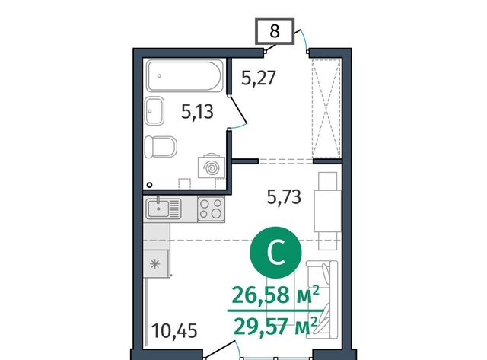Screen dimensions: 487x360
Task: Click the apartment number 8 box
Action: pyautogui.click(x=275, y=30)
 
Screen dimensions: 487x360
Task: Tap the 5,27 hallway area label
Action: pyautogui.click(x=259, y=78)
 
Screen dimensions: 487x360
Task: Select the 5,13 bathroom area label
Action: pyautogui.click(x=197, y=112)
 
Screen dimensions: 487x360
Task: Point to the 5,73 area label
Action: pyautogui.click(x=284, y=197)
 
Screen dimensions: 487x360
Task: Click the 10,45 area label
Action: pyautogui.click(x=174, y=330)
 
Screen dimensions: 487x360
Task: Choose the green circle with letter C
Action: pyautogui.click(x=275, y=253)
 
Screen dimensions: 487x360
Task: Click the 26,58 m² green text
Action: pyautogui.click(x=275, y=295)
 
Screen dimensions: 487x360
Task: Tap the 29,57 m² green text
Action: pyautogui.click(x=275, y=327)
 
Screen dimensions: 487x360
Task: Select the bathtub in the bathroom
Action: pyautogui.click(x=184, y=75)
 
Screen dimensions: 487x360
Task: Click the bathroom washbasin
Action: pyautogui.click(x=154, y=110)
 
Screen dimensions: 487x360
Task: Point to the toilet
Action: pyautogui.click(x=161, y=146)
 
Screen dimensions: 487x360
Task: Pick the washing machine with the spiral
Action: pyautogui.click(x=212, y=167)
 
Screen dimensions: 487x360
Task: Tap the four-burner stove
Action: pyautogui.click(x=211, y=209)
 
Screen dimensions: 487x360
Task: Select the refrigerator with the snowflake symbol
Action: pyautogui.click(x=155, y=263)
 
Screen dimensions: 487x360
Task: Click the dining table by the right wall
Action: pyautogui.click(x=327, y=212)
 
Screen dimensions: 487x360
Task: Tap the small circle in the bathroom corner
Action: pyautogui.click(x=149, y=185)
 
